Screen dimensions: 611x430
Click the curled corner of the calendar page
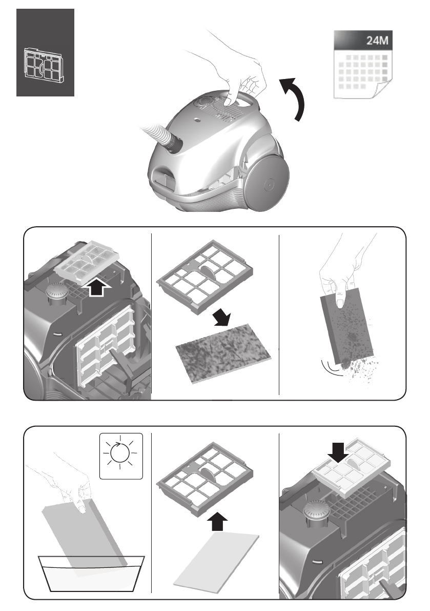point(379,92)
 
